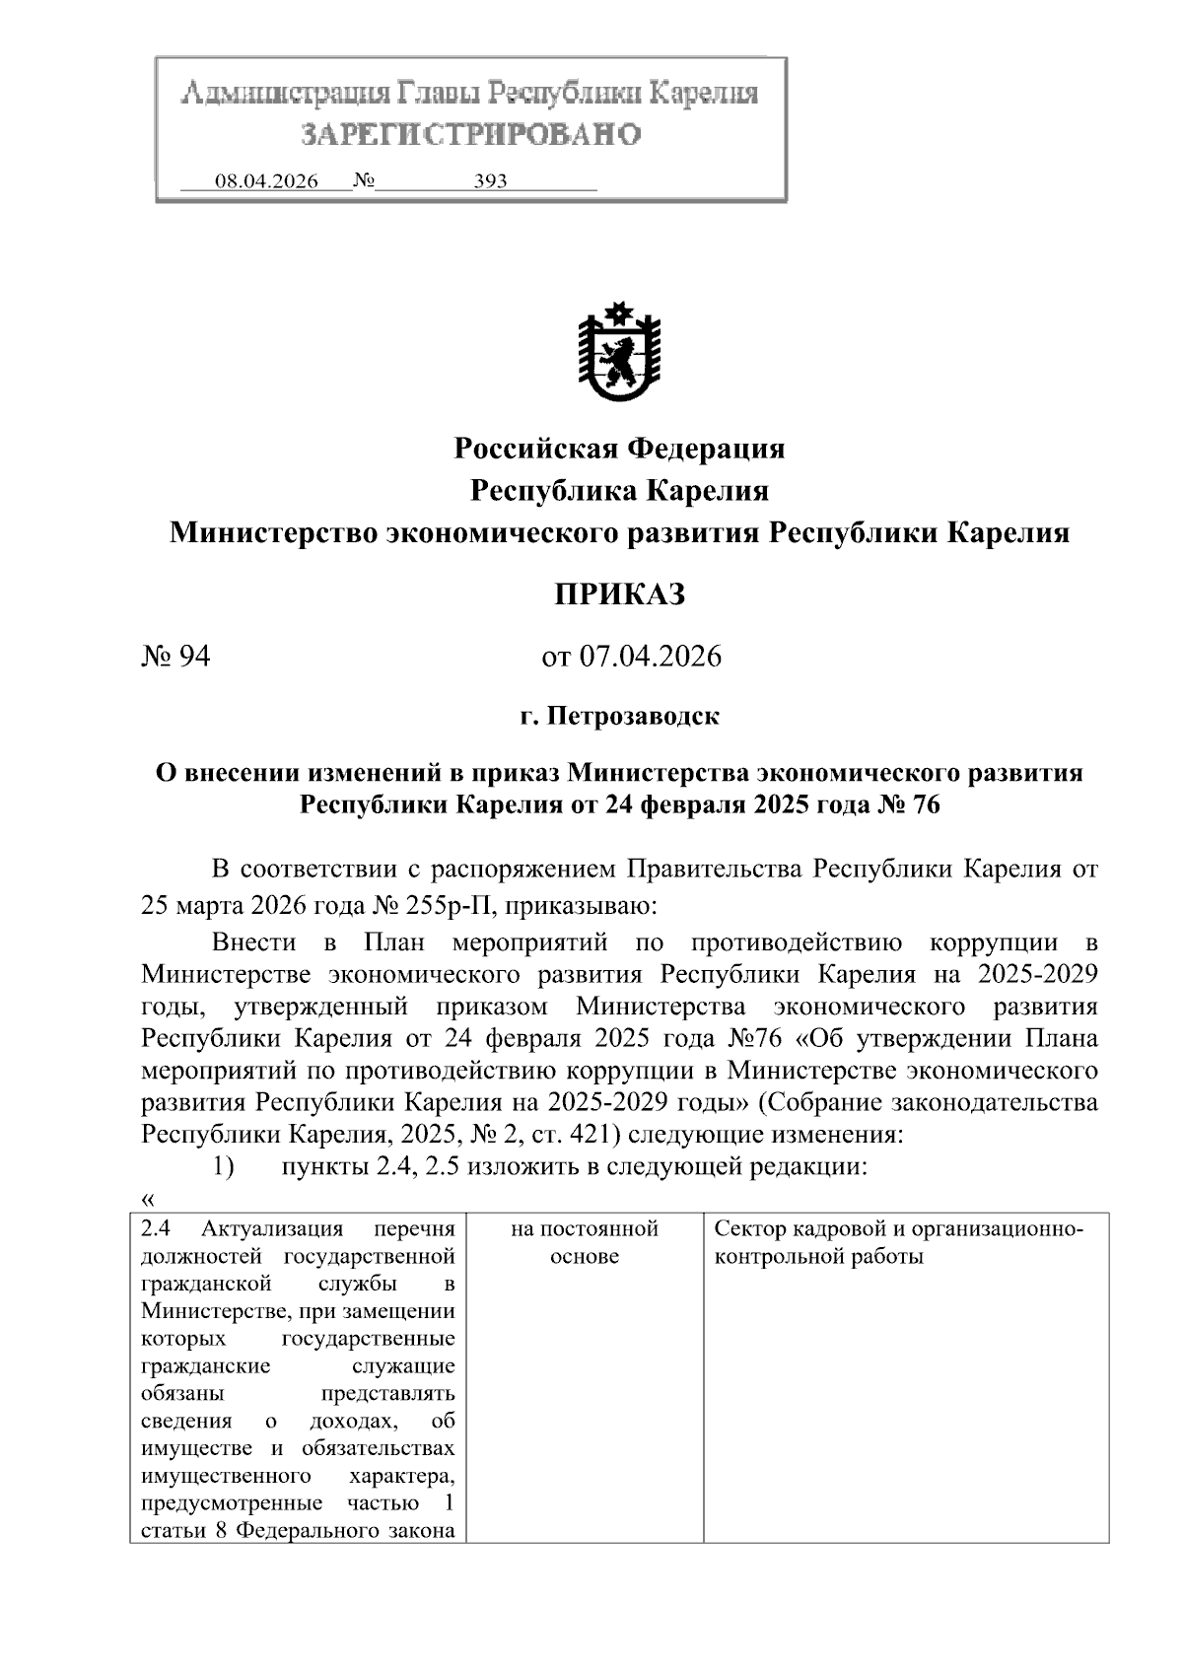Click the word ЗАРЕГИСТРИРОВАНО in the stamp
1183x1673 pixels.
tap(470, 133)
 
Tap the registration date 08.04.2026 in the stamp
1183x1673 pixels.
tap(266, 181)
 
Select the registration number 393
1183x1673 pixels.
tap(490, 181)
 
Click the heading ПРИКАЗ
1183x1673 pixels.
tap(619, 594)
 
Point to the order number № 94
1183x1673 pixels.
tap(176, 656)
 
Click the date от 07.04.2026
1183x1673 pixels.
tap(631, 656)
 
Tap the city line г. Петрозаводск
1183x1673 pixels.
tap(619, 716)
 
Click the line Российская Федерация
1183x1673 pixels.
tap(619, 449)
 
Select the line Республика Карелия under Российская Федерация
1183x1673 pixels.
tap(619, 490)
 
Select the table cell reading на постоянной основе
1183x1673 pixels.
tap(585, 1242)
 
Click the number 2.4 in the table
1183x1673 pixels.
tap(157, 1229)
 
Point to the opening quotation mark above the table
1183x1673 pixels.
tap(148, 1198)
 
